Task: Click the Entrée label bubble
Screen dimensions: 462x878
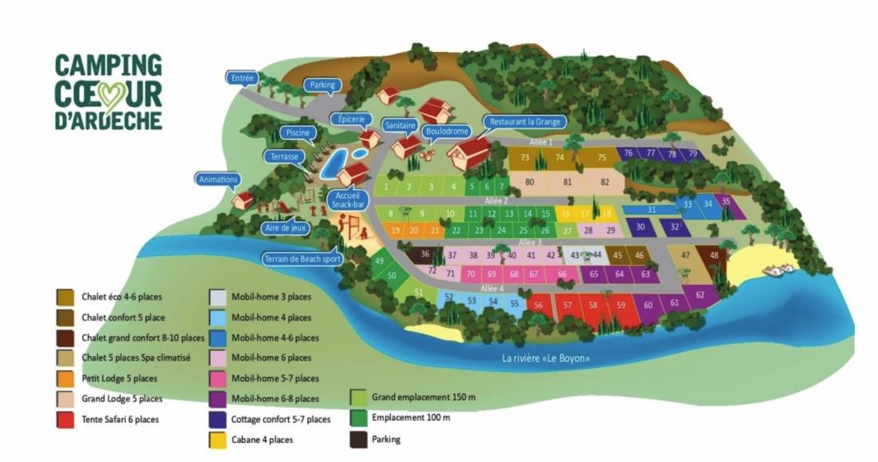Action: pyautogui.click(x=241, y=78)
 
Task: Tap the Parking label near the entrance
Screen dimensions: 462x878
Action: pyautogui.click(x=322, y=85)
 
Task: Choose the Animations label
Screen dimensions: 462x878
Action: pyautogui.click(x=217, y=180)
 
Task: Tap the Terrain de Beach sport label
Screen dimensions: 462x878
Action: pyautogui.click(x=301, y=259)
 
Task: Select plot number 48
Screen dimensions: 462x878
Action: pyautogui.click(x=714, y=255)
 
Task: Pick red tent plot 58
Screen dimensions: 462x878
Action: pyautogui.click(x=593, y=305)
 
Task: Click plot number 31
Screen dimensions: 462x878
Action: pyautogui.click(x=651, y=210)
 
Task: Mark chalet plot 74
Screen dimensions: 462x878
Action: pyautogui.click(x=560, y=157)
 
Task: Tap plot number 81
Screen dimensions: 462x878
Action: pyautogui.click(x=568, y=182)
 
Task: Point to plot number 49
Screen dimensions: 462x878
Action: pyautogui.click(x=379, y=262)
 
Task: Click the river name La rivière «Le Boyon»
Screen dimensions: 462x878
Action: pyautogui.click(x=547, y=358)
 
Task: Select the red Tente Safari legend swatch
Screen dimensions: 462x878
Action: pyautogui.click(x=65, y=419)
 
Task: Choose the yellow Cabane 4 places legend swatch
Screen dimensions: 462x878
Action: pyautogui.click(x=217, y=439)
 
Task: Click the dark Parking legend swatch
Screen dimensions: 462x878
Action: pyautogui.click(x=358, y=438)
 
